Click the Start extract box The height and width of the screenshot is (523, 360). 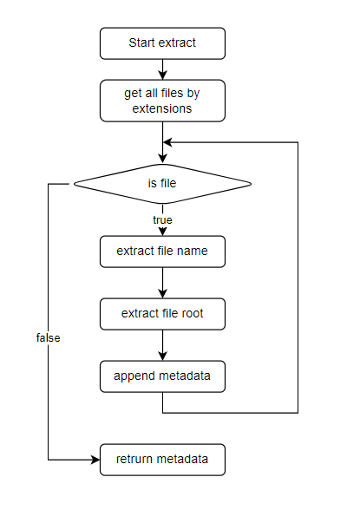point(162,42)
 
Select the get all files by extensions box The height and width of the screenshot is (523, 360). point(162,101)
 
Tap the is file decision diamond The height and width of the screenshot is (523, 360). point(162,183)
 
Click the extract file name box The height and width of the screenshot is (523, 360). point(162,252)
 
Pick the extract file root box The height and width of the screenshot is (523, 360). point(162,313)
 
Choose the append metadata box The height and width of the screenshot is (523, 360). point(162,376)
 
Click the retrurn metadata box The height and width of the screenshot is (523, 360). point(162,459)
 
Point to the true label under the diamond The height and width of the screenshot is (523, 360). point(162,220)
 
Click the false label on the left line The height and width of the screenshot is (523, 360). point(49,337)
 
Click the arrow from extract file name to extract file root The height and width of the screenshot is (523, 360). point(162,283)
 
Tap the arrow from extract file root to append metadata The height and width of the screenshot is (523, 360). point(162,345)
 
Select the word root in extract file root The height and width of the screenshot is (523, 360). point(190,313)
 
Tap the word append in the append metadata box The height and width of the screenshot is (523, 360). point(134,376)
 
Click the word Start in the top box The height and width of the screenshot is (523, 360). point(143,42)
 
